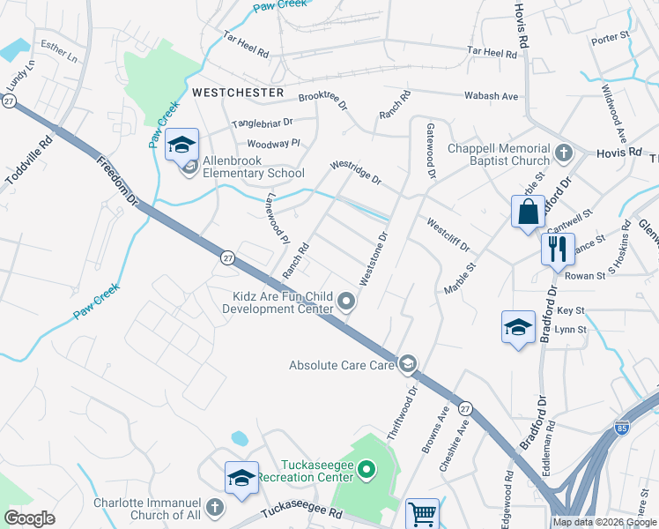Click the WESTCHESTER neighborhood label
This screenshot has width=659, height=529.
click(238, 93)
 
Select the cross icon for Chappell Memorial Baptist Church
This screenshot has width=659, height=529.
click(565, 154)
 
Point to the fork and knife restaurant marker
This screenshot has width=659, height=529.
click(558, 248)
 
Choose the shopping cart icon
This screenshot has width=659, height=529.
click(422, 513)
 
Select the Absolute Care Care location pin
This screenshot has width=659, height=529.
click(408, 364)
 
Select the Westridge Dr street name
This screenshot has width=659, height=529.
click(356, 172)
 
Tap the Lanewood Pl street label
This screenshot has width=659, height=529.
click(278, 219)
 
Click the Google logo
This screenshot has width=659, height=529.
click(29, 518)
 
